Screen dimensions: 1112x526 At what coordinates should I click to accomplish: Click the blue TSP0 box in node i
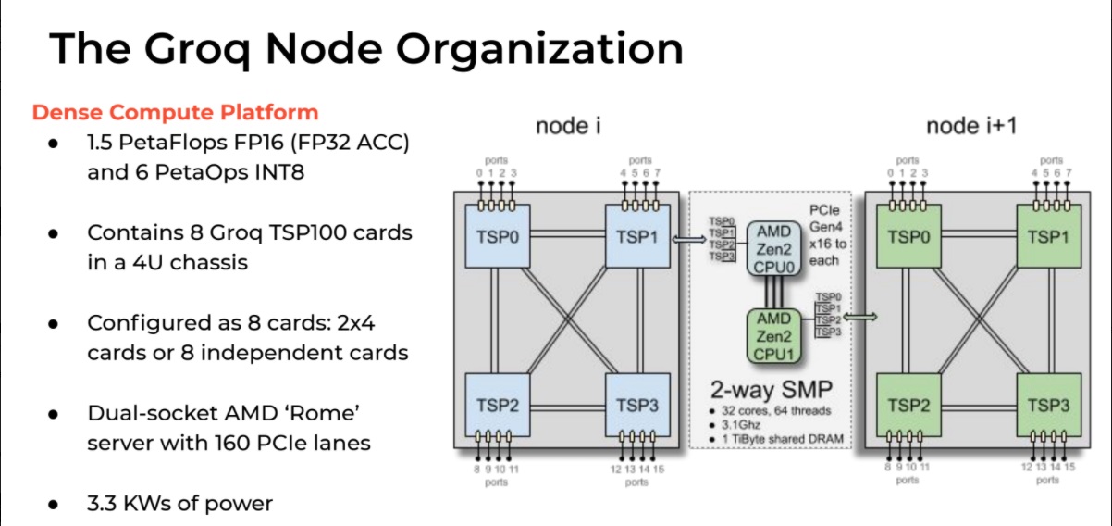498,236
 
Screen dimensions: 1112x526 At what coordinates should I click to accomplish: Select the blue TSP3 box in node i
637,406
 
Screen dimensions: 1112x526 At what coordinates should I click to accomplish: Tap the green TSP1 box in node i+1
1048,236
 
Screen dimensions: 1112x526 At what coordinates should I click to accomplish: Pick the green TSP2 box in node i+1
908,406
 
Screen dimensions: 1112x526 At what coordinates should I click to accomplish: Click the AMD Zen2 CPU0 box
774,248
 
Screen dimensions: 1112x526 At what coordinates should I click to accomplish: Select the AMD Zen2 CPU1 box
774,336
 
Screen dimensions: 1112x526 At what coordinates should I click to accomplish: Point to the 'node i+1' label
971,126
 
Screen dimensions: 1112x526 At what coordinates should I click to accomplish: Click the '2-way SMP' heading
771,390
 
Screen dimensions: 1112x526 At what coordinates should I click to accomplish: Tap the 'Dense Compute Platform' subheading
175,112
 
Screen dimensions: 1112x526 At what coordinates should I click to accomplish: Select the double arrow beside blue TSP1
689,240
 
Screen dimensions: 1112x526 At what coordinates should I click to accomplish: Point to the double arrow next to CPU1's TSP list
860,317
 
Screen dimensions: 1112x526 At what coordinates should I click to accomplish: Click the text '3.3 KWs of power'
179,504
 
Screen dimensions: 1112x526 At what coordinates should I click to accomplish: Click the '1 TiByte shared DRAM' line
783,439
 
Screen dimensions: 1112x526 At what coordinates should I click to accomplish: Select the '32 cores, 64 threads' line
776,411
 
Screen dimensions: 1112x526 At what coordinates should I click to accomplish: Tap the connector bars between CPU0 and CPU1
774,293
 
